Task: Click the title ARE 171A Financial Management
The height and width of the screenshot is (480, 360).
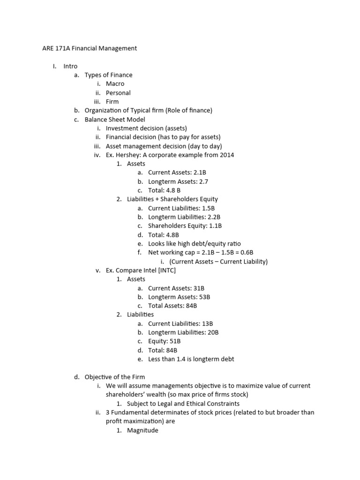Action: [87, 48]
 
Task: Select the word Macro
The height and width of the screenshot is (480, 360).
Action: [115, 84]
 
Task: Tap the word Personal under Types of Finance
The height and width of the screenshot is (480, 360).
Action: [118, 93]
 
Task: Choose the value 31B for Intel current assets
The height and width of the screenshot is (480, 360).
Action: [199, 288]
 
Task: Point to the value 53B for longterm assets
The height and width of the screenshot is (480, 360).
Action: [204, 297]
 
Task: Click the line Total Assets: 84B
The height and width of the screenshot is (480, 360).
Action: [172, 306]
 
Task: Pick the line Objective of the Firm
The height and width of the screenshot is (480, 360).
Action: [115, 377]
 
